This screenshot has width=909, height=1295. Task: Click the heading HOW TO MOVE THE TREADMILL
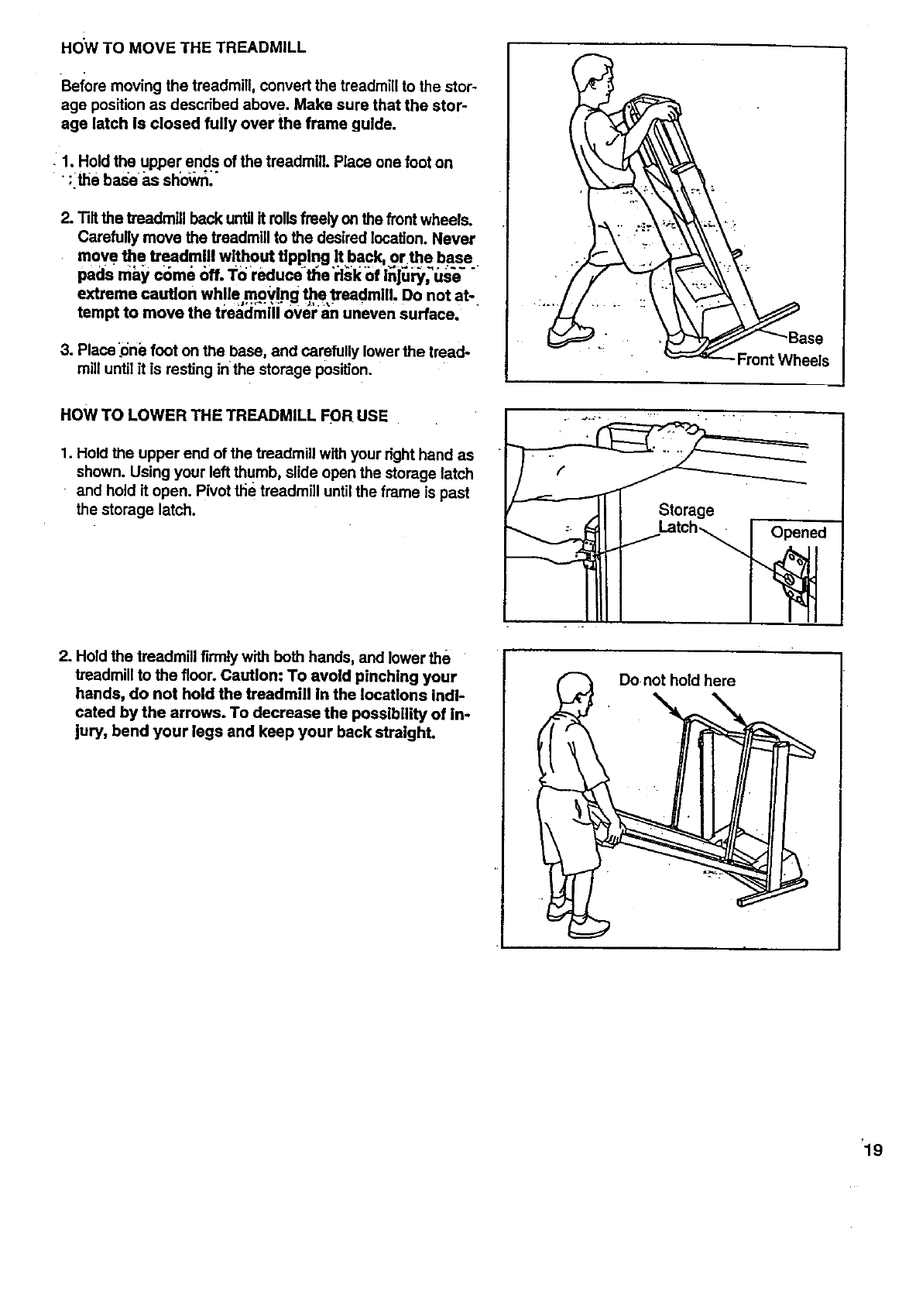(183, 47)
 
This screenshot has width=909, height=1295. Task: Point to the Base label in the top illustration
(806, 338)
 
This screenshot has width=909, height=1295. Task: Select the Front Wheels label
(782, 360)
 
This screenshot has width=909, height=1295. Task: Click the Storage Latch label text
(684, 518)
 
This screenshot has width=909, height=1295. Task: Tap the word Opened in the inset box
(798, 533)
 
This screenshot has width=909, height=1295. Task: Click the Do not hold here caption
(677, 681)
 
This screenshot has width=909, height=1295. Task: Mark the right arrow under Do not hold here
(729, 709)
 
